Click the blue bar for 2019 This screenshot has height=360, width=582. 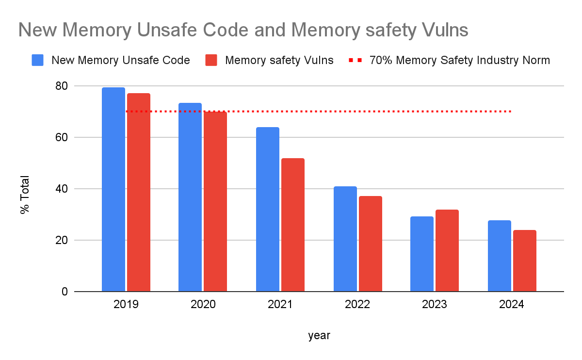113,189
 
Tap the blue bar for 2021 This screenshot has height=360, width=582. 268,209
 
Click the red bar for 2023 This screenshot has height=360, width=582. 447,250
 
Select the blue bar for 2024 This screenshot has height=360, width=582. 500,256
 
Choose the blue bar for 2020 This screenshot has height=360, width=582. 190,197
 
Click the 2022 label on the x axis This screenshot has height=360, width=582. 357,305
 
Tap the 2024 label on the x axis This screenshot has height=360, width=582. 512,305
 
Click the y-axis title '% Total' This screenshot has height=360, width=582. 25,195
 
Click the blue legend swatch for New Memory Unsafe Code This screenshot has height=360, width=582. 37,61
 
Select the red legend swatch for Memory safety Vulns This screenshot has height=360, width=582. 211,61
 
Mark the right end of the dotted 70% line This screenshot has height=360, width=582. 511,112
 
